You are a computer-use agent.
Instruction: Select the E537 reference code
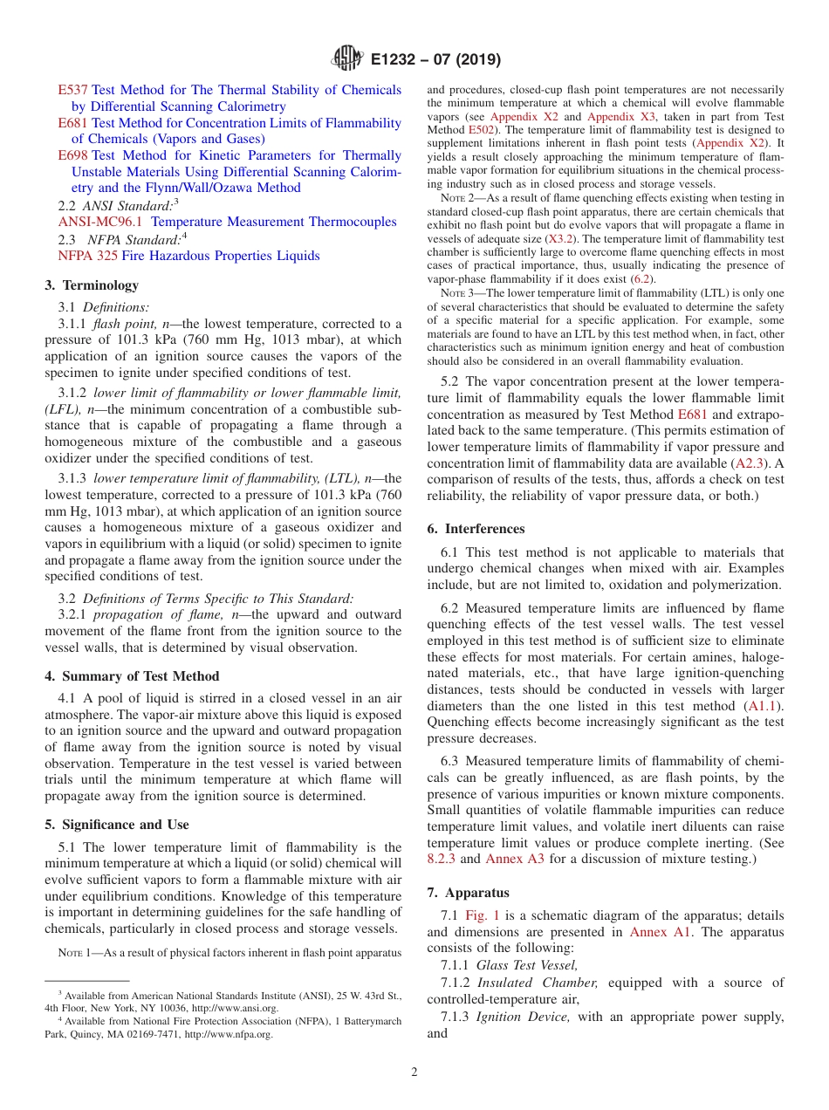(x=72, y=90)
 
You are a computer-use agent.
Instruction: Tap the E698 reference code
(x=72, y=155)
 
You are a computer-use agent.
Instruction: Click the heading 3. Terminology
(x=92, y=285)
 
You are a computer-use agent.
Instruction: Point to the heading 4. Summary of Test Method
(x=132, y=676)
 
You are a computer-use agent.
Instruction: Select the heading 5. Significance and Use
(x=117, y=825)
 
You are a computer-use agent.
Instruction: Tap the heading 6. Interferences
(x=476, y=529)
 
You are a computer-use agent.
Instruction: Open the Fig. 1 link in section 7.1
(x=482, y=915)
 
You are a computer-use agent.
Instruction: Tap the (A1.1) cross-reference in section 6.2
(x=764, y=706)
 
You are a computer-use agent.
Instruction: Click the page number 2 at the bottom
(x=414, y=1072)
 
